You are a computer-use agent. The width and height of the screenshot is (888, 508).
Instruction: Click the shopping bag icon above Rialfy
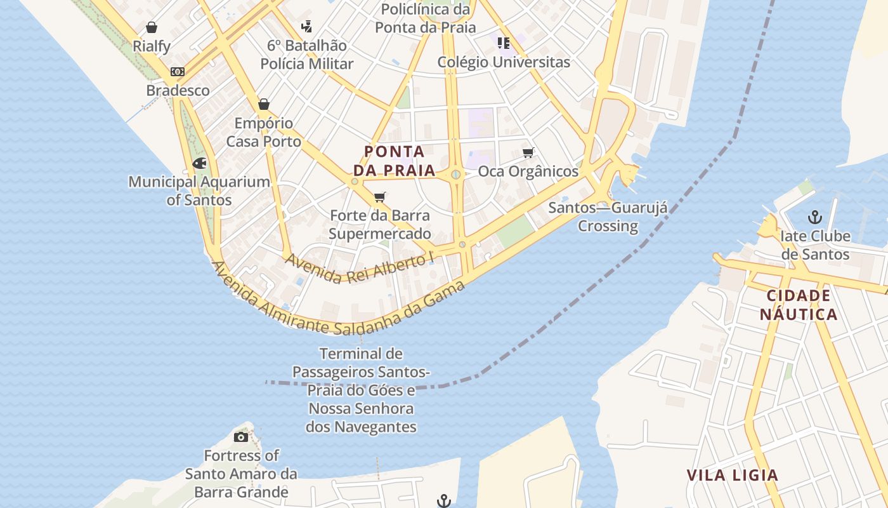tap(152, 27)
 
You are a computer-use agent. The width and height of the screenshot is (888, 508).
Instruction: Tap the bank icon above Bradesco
tap(178, 72)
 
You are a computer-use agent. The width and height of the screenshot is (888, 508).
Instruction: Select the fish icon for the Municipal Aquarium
tap(199, 163)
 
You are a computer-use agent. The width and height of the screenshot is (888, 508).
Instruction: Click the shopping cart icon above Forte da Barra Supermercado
tap(380, 197)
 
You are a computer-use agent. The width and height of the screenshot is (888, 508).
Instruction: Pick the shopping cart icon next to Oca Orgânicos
tap(528, 152)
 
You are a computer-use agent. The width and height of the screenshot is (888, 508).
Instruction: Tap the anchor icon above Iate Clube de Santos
tap(815, 218)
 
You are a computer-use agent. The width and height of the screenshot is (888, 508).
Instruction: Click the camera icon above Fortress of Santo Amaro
tap(241, 437)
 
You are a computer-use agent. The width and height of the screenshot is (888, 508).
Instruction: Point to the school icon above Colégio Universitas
tap(504, 43)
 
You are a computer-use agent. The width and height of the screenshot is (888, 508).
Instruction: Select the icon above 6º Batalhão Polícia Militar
tap(307, 27)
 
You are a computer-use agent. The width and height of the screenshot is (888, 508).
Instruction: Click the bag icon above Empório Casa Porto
tap(264, 104)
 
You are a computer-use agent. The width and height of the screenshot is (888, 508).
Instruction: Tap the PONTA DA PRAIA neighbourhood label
tap(395, 161)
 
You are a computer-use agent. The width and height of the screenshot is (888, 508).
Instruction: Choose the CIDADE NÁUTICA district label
tap(799, 305)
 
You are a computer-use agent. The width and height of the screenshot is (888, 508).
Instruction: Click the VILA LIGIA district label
tap(733, 475)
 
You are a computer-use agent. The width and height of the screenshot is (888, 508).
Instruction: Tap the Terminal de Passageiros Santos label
tap(361, 390)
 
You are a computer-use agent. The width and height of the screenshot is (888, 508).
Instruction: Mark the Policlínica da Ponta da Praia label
tap(426, 18)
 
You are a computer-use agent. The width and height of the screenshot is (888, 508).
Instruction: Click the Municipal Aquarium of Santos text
tap(199, 190)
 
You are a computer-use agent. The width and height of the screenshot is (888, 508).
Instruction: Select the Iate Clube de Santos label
tap(815, 245)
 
